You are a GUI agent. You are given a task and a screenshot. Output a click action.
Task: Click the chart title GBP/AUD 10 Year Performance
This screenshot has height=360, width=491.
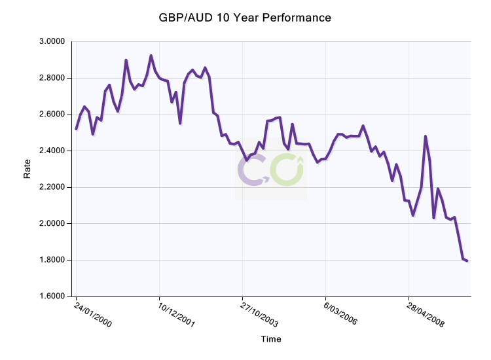(245, 18)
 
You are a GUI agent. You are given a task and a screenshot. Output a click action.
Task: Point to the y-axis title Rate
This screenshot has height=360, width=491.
(27, 169)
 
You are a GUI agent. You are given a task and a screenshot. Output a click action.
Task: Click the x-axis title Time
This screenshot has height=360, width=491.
(270, 339)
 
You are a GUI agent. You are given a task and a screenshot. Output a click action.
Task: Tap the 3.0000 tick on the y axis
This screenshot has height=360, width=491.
(52, 41)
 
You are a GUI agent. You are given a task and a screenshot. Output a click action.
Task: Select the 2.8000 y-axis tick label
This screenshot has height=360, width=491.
(52, 78)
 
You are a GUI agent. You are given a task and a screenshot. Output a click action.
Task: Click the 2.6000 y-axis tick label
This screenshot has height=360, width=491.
(52, 115)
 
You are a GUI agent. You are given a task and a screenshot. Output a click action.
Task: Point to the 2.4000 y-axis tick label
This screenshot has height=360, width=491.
(52, 151)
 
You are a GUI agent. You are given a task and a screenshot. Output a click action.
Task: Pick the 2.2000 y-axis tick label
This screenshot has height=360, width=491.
(52, 187)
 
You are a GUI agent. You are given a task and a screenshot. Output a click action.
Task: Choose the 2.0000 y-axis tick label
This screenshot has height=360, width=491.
(52, 224)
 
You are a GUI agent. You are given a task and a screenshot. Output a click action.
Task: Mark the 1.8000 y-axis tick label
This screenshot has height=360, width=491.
(52, 261)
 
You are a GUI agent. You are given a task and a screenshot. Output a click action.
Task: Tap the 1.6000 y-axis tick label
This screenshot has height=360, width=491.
(52, 297)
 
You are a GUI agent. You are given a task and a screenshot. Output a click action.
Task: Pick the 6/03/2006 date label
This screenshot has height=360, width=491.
(342, 314)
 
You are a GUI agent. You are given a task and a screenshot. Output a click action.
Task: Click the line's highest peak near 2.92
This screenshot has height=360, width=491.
(151, 56)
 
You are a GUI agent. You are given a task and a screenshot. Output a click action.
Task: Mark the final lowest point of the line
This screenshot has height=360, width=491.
(467, 261)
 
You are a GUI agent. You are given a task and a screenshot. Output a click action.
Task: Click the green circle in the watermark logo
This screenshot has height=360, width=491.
(287, 170)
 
